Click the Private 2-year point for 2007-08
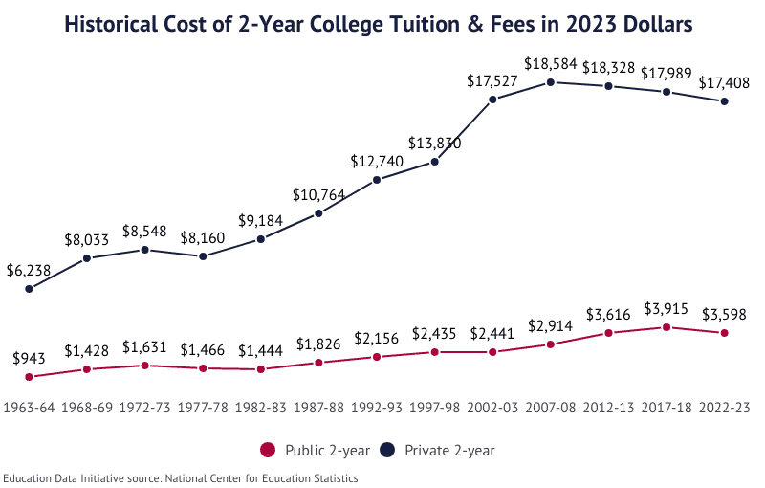tap(551, 82)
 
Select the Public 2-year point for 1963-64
tap(29, 377)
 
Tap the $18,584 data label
tap(551, 64)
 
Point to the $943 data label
tap(29, 359)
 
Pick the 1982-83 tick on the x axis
tap(261, 408)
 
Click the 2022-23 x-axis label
tap(725, 408)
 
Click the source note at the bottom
tap(181, 477)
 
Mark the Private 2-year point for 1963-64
tap(29, 288)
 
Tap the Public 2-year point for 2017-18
tap(667, 327)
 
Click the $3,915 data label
tap(667, 308)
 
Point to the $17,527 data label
tap(492, 81)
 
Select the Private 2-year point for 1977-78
tap(203, 256)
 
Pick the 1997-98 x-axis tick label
tap(435, 408)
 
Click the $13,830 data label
tap(435, 144)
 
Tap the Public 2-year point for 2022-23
tap(725, 333)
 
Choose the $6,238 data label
tap(29, 270)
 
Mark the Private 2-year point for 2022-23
tap(725, 101)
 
